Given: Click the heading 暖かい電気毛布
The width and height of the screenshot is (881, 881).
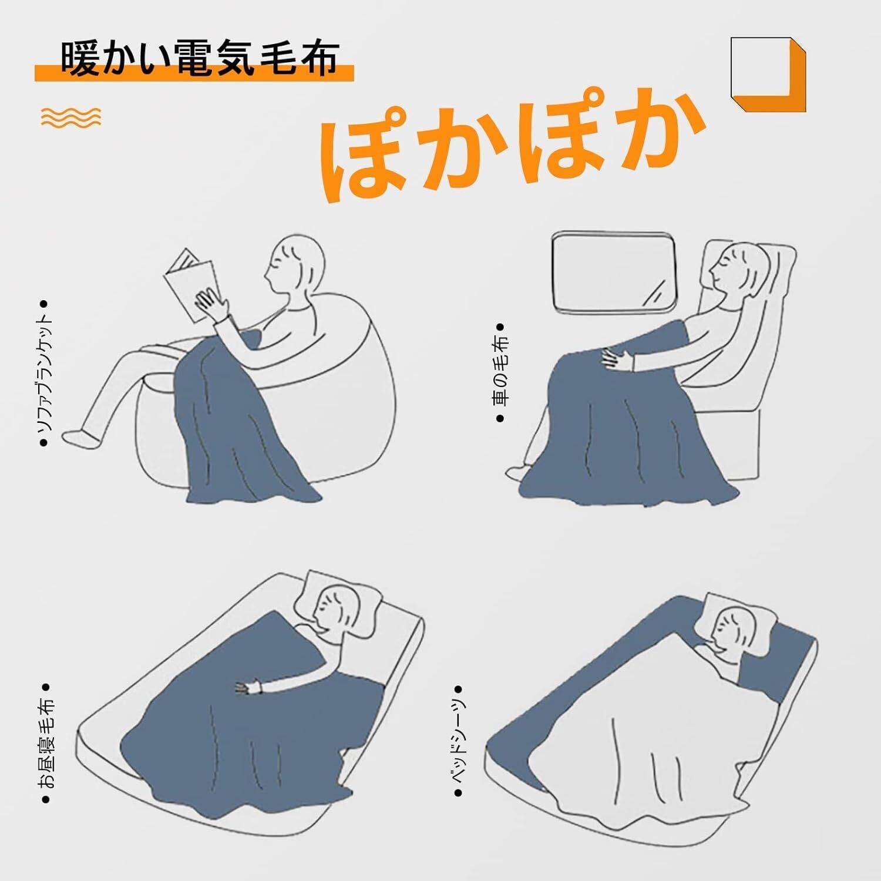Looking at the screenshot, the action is (200, 59).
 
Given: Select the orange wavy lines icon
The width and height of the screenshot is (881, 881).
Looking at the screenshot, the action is (71, 117).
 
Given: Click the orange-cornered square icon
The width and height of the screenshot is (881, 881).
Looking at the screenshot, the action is (768, 75).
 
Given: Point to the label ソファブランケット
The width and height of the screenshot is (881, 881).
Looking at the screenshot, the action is (44, 374).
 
